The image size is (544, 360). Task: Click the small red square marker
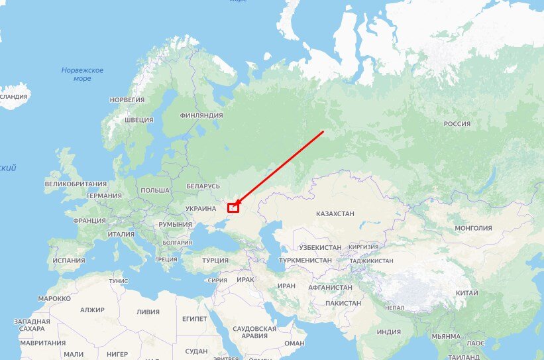pyautogui.click(x=233, y=208)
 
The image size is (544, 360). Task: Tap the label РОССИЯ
pyautogui.click(x=457, y=124)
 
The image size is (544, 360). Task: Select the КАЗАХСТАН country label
pyautogui.click(x=335, y=214)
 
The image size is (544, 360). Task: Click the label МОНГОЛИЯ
pyautogui.click(x=473, y=228)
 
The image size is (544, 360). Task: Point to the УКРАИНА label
pyautogui.click(x=201, y=208)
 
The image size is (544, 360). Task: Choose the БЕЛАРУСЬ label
pyautogui.click(x=203, y=186)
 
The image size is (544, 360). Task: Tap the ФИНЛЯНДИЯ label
pyautogui.click(x=201, y=115)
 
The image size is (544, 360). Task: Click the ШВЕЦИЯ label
pyautogui.click(x=139, y=120)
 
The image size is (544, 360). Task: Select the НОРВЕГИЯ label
pyautogui.click(x=127, y=99)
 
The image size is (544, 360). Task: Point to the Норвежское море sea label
pyautogui.click(x=83, y=74)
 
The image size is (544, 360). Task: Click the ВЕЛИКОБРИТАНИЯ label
pyautogui.click(x=76, y=184)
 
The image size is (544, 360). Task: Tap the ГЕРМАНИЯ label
pyautogui.click(x=104, y=196)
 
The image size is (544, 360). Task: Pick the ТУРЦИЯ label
pyautogui.click(x=215, y=261)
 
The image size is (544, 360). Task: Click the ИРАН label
pyautogui.click(x=286, y=286)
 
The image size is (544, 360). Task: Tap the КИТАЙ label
pyautogui.click(x=467, y=293)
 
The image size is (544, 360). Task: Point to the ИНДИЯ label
pyautogui.click(x=389, y=332)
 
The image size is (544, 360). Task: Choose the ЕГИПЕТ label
pyautogui.click(x=194, y=319)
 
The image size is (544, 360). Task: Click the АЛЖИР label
pyautogui.click(x=93, y=310)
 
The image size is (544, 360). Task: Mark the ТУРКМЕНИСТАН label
pyautogui.click(x=305, y=261)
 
